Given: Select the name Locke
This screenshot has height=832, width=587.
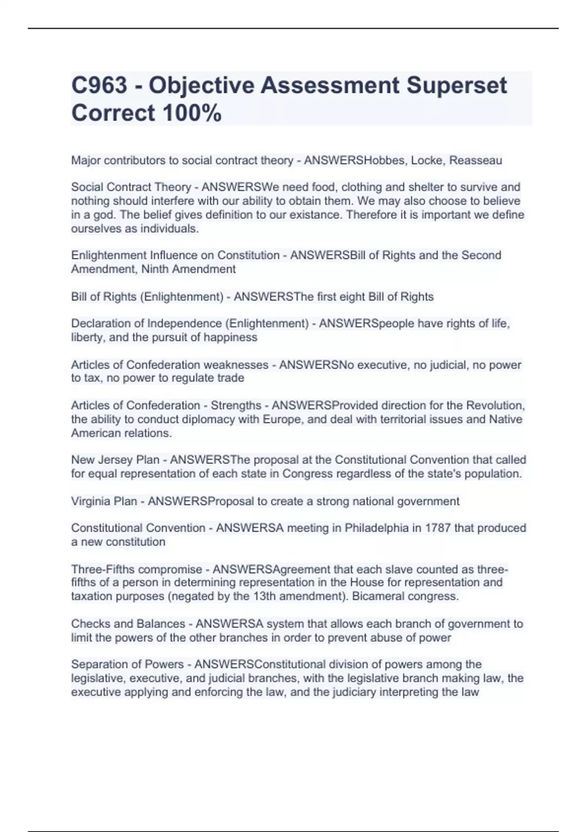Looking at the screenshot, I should point(427,161).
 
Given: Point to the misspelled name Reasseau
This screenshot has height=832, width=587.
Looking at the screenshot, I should point(475,161).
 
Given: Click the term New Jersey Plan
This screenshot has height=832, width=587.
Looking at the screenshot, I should point(115,460).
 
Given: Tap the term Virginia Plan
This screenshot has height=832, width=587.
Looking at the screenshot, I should point(104,501).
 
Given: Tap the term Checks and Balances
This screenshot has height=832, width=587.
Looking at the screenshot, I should point(128,624).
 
